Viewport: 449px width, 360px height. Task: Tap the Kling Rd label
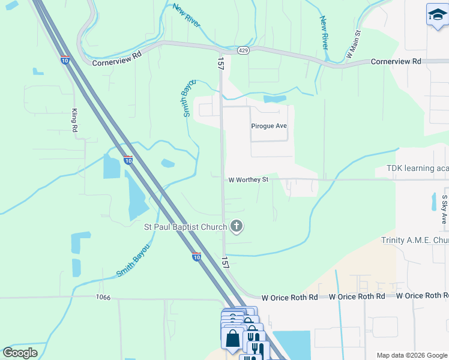(75, 121)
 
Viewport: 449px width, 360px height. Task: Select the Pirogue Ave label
(269, 126)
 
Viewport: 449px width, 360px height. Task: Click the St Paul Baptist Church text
(185, 227)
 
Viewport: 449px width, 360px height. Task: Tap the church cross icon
(237, 226)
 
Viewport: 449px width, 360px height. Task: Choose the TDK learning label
(417, 169)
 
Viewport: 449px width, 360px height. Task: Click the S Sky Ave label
(444, 209)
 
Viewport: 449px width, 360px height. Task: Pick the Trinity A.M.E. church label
(415, 241)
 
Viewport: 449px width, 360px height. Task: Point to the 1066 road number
(103, 298)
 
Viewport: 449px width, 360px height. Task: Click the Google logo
(20, 353)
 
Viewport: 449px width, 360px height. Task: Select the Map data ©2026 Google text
(411, 355)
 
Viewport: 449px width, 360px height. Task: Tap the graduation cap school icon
(437, 16)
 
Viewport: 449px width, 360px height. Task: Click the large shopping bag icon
(232, 338)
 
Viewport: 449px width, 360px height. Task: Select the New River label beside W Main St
(325, 33)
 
